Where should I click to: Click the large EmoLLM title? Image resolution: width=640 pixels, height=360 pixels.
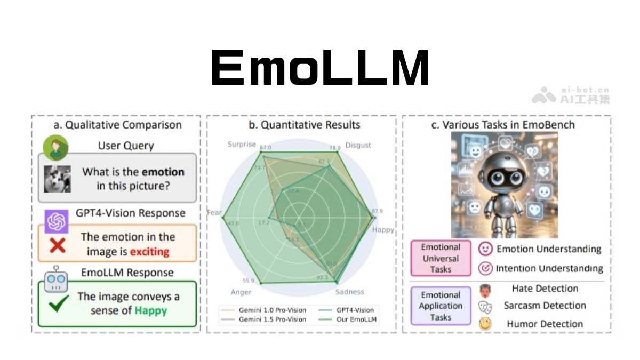(x=320, y=68)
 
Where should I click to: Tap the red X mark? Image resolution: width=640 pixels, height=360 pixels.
(x=58, y=245)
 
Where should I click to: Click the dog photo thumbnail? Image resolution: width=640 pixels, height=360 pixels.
(x=58, y=179)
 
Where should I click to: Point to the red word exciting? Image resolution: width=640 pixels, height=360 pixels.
(x=149, y=251)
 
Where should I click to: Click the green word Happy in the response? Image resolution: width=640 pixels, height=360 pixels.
(x=150, y=310)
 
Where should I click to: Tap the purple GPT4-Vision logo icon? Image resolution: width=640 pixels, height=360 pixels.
(x=56, y=221)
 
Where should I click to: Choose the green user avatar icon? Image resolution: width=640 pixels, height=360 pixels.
(x=55, y=148)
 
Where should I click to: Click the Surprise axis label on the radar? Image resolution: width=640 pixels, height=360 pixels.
(x=242, y=145)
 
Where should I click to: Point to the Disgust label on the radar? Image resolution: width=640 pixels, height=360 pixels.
(x=358, y=145)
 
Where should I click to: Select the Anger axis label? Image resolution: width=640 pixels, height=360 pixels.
(x=241, y=292)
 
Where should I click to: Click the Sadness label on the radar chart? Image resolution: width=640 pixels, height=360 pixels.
(x=349, y=292)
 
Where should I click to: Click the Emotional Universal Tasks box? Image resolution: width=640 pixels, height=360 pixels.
(x=441, y=258)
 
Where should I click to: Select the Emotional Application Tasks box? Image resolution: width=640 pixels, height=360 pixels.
(x=441, y=306)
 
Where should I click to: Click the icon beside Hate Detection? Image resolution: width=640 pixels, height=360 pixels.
(x=485, y=290)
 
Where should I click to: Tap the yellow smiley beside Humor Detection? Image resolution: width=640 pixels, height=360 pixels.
(x=485, y=323)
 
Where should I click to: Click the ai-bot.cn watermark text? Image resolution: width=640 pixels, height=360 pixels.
(x=585, y=91)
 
